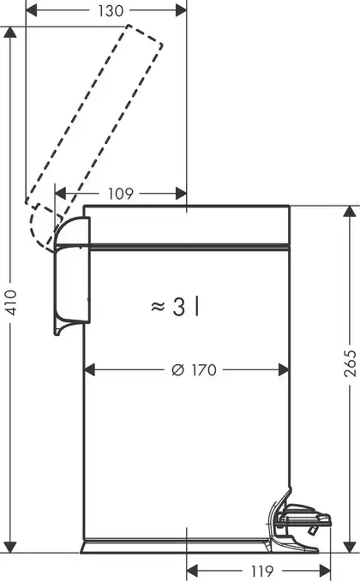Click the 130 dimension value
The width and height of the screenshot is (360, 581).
pyautogui.click(x=111, y=11)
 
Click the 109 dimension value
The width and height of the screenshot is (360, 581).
pyautogui.click(x=121, y=193)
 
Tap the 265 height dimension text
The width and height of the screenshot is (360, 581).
pyautogui.click(x=350, y=362)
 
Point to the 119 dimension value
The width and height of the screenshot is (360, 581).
pyautogui.click(x=262, y=571)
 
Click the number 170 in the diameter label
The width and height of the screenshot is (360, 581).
pyautogui.click(x=204, y=370)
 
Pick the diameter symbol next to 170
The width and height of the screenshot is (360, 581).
pyautogui.click(x=178, y=370)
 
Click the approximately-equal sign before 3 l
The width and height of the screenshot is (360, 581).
pyautogui.click(x=158, y=307)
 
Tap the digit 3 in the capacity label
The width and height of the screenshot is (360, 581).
pyautogui.click(x=178, y=307)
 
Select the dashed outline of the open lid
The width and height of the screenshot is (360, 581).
pyautogui.click(x=93, y=136)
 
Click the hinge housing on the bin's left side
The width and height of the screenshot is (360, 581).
pyautogui.click(x=72, y=274)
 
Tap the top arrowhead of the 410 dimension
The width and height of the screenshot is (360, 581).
pyautogui.click(x=10, y=33)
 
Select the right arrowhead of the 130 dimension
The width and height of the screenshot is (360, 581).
pyautogui.click(x=181, y=11)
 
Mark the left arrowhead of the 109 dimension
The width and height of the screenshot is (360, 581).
pyautogui.click(x=60, y=193)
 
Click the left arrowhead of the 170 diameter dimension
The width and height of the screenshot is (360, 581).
pyautogui.click(x=89, y=370)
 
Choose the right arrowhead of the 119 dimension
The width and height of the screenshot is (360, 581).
pyautogui.click(x=325, y=571)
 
